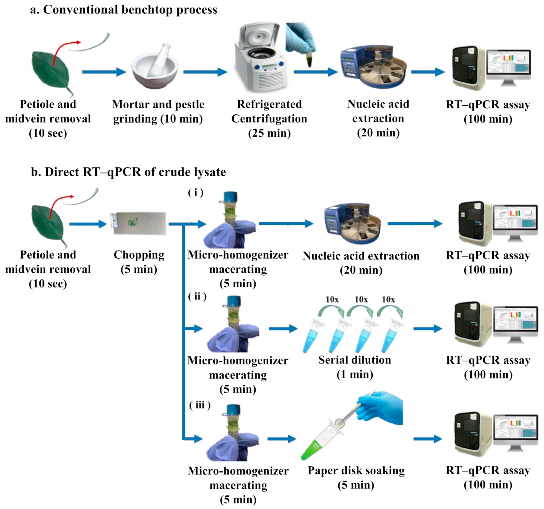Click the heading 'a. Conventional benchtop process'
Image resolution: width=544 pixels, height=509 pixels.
[x=124, y=10]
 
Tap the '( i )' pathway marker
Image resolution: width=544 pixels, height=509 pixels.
[x=196, y=193]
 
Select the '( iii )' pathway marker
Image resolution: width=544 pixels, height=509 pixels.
[x=200, y=405]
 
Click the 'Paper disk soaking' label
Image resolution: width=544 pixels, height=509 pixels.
[x=356, y=471]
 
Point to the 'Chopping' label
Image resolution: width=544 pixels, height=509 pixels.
[x=139, y=255]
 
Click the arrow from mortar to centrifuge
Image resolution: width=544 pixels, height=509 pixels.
[x=205, y=72]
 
